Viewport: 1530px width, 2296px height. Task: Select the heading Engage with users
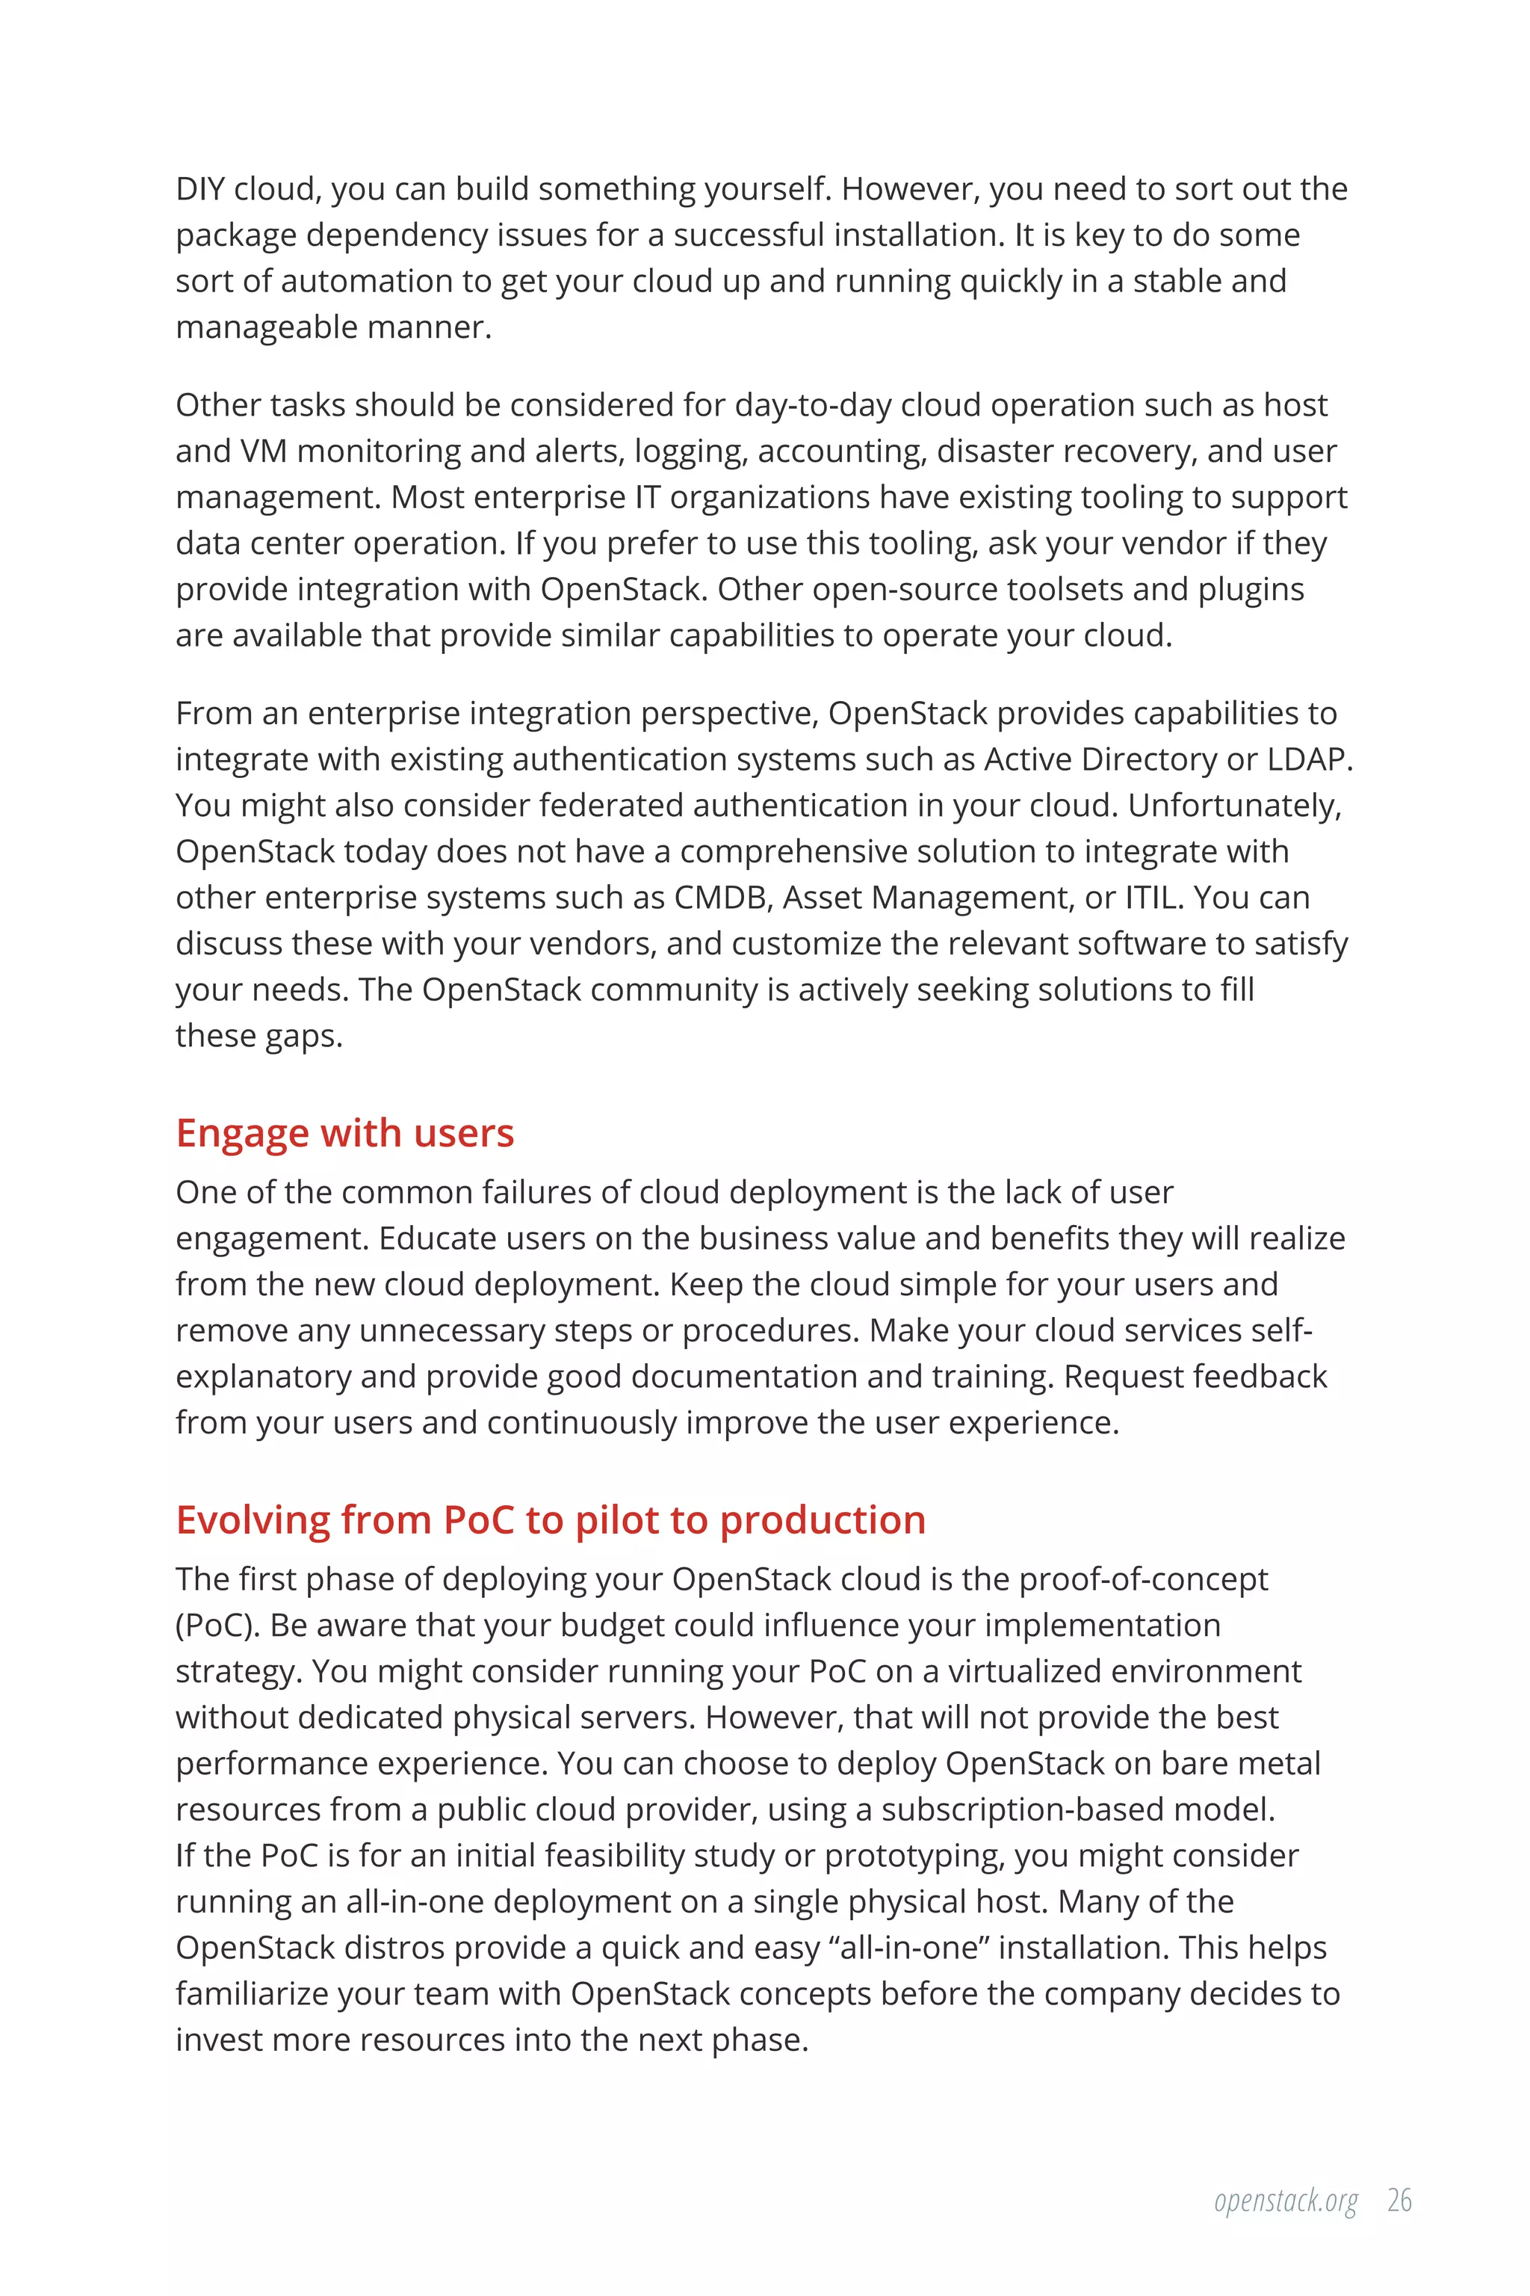click(344, 1133)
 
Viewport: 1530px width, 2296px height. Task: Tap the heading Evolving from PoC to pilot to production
click(551, 1521)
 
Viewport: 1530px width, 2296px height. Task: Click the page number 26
click(1399, 2201)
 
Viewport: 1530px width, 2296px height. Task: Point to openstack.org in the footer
click(1285, 2203)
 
